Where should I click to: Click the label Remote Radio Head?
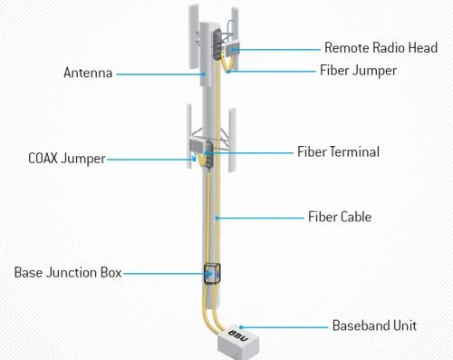pyautogui.click(x=381, y=48)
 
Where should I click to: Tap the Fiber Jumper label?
pyautogui.click(x=358, y=71)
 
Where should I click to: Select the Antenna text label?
pyautogui.click(x=88, y=73)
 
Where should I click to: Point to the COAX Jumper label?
pyautogui.click(x=67, y=159)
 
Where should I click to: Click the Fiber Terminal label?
pyautogui.click(x=338, y=151)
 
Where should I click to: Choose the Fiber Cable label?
pyautogui.click(x=340, y=217)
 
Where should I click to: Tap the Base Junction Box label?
pyautogui.click(x=68, y=273)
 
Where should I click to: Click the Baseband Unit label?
pyautogui.click(x=374, y=326)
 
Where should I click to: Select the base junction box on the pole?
pyautogui.click(x=212, y=274)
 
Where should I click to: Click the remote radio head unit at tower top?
pyautogui.click(x=232, y=49)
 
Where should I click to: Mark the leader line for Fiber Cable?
pyautogui.click(x=260, y=218)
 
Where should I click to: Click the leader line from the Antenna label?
pyautogui.click(x=160, y=74)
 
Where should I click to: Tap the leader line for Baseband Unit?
pyautogui.click(x=284, y=327)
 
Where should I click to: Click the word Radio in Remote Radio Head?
pyautogui.click(x=389, y=48)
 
